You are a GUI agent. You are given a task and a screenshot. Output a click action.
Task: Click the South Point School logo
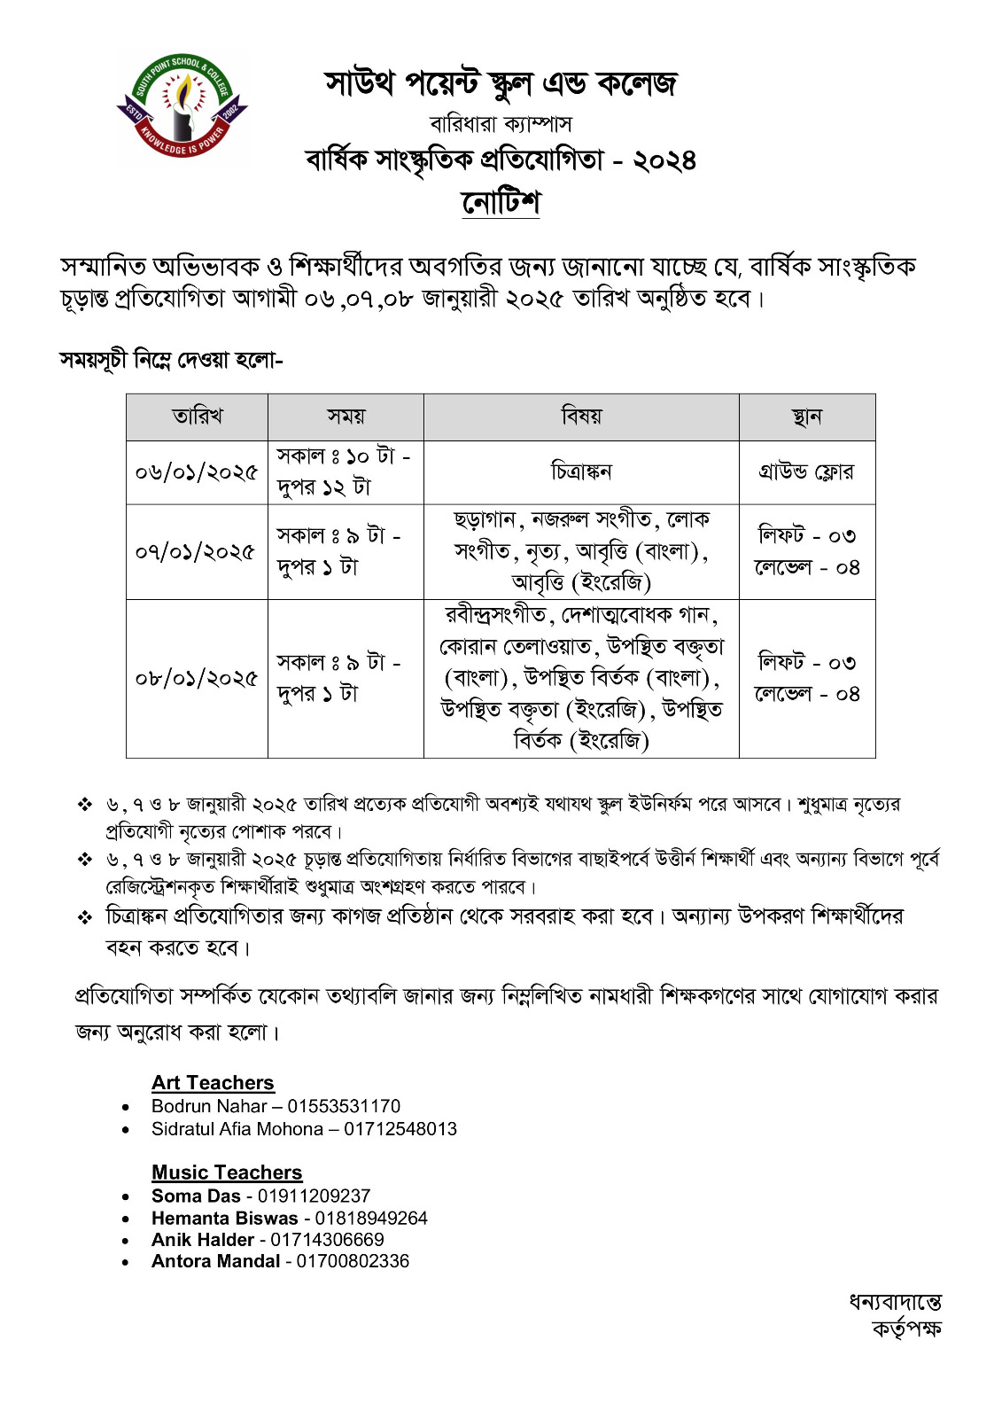[183, 109]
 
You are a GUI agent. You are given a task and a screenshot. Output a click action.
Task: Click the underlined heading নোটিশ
[501, 203]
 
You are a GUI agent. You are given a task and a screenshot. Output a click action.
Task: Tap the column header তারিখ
[197, 417]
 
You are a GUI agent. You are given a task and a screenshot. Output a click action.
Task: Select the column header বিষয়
[581, 417]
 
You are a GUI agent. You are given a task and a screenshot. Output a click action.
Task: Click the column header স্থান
[806, 417]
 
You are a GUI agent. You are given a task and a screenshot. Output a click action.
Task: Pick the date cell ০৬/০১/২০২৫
[197, 472]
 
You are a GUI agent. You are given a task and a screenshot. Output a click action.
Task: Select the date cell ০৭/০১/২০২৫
[197, 551]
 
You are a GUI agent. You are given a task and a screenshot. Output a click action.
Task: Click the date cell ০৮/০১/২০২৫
[197, 678]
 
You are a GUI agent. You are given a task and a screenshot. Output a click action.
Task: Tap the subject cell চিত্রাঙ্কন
[581, 472]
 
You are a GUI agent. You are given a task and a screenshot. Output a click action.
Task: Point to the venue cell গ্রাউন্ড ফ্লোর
[806, 472]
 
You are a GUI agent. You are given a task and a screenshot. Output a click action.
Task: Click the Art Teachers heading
[213, 1083]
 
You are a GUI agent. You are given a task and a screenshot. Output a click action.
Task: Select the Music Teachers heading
[227, 1173]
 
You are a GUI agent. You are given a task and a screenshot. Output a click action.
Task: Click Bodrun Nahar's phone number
[344, 1106]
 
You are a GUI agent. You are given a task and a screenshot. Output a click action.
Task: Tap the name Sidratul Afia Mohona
[237, 1129]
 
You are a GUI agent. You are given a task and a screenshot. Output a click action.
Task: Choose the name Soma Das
[196, 1196]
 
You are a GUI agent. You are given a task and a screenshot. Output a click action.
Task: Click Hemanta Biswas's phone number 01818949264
[371, 1218]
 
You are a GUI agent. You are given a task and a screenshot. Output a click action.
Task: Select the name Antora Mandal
[215, 1261]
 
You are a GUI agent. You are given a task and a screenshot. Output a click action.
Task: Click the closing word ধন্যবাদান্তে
[895, 1303]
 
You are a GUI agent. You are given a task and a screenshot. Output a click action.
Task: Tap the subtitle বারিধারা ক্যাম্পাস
[501, 123]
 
